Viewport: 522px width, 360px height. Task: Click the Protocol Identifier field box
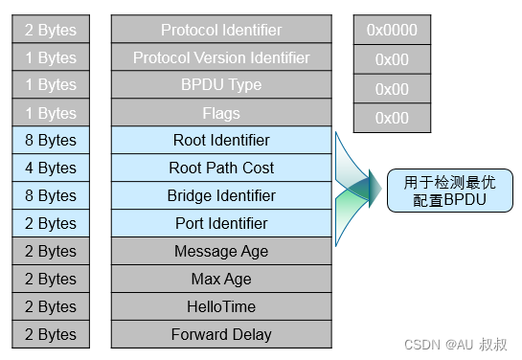pos(221,30)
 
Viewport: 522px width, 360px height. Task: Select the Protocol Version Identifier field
pos(221,57)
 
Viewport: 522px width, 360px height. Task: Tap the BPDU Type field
pos(221,85)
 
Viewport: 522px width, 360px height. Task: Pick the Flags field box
pos(221,113)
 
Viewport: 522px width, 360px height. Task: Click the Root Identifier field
pos(221,141)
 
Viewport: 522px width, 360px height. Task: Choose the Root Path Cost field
pos(221,169)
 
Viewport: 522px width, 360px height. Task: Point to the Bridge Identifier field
pos(221,196)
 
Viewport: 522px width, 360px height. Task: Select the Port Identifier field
pos(221,224)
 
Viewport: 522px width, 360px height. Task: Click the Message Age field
pos(221,252)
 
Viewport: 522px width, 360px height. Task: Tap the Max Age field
pos(221,280)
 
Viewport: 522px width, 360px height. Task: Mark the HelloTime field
pos(221,307)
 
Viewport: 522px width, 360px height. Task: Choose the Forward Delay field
pos(221,335)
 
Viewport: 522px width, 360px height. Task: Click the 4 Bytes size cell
pos(51,169)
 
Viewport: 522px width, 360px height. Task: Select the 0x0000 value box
pos(392,30)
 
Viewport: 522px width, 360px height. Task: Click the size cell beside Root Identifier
pos(51,141)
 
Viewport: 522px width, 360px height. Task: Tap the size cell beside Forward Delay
pos(51,335)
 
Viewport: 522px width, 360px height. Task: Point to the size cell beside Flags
pos(51,113)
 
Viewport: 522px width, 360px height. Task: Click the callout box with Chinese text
pos(443,190)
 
